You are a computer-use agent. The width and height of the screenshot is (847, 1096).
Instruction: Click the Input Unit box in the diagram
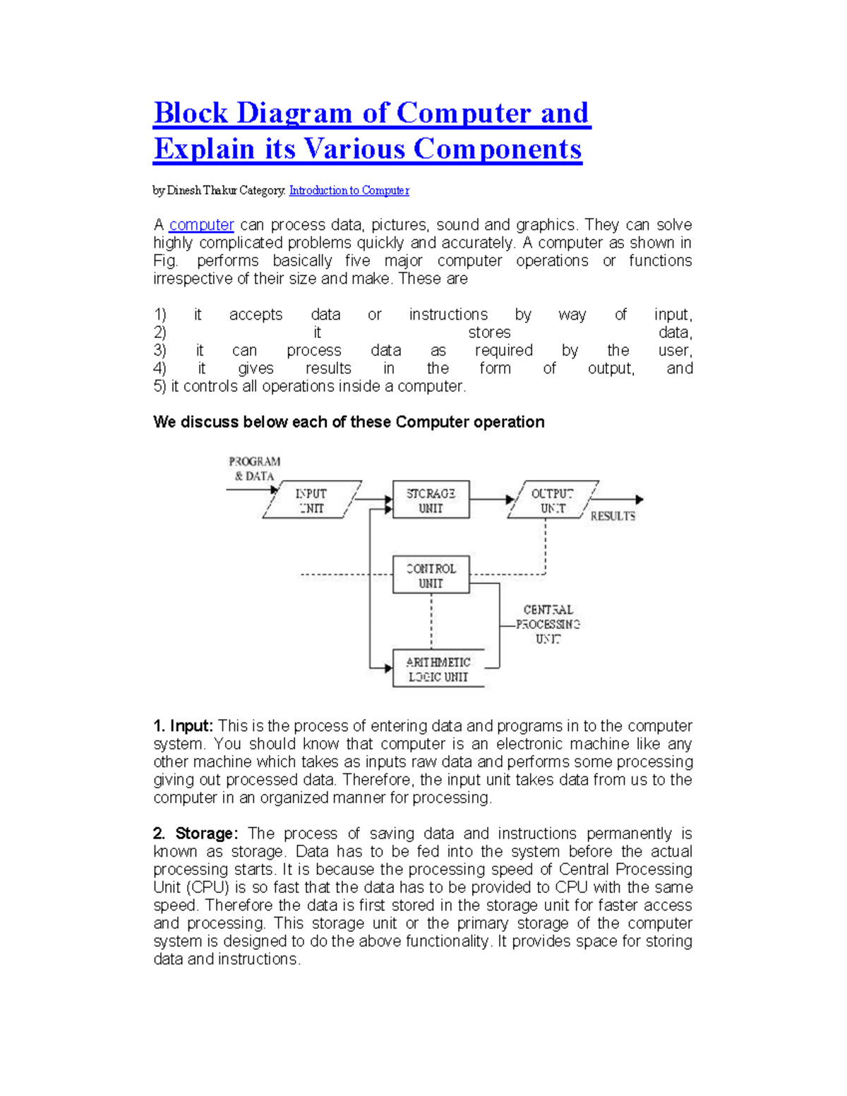pos(311,500)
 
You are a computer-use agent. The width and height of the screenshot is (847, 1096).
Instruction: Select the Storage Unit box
pos(431,500)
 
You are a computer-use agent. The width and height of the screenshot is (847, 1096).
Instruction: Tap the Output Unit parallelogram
pos(553,500)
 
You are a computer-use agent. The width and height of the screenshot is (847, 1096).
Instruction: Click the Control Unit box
pos(431,575)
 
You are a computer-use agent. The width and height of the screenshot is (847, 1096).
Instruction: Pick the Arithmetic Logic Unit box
pos(438,669)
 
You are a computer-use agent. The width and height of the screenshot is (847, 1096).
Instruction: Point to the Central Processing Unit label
pos(548,624)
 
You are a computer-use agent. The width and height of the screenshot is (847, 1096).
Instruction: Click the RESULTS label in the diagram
pos(613,516)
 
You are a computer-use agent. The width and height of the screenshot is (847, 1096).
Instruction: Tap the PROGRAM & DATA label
pos(254,469)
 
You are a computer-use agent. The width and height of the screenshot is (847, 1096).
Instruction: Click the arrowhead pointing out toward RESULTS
pos(639,500)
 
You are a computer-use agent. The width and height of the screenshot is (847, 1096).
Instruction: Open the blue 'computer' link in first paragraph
pos(201,225)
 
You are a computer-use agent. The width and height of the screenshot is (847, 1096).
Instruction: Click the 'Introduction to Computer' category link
pos(349,191)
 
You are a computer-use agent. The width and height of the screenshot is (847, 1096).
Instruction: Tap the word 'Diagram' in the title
pos(294,113)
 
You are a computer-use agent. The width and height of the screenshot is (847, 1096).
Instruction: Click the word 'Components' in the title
pos(498,149)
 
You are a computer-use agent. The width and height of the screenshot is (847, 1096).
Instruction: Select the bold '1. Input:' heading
pos(183,726)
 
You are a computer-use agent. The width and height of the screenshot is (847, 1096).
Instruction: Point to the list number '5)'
pos(160,387)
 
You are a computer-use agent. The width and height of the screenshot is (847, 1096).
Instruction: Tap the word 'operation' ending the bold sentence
pos(509,422)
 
